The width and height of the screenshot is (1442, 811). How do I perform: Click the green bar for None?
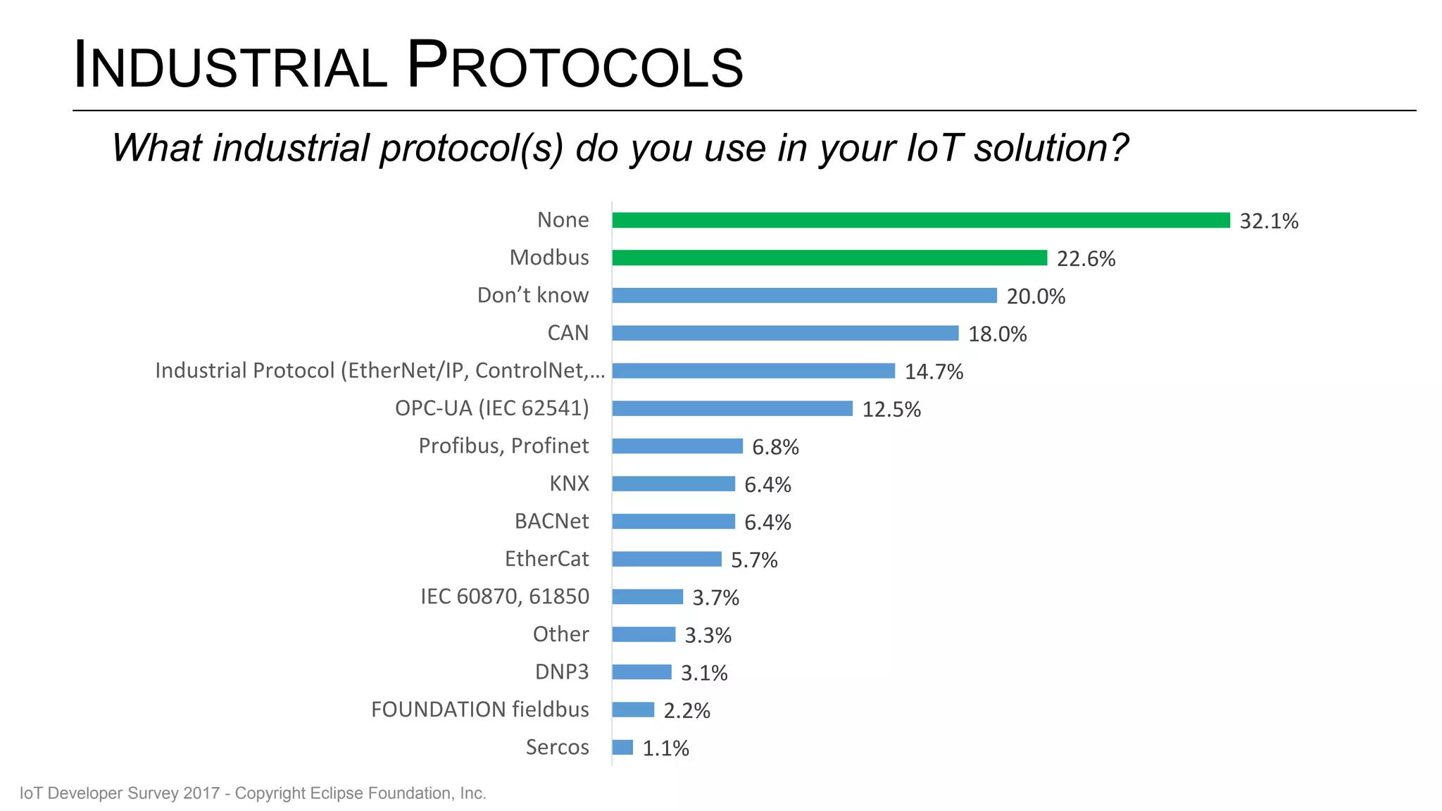[920, 220]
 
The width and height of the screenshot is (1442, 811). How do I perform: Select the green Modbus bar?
[829, 258]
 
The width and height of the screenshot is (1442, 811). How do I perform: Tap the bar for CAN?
[785, 333]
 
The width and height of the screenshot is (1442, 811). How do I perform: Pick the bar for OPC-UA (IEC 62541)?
[732, 408]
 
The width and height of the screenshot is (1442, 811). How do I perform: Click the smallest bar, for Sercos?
[622, 747]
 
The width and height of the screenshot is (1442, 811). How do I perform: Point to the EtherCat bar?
[667, 559]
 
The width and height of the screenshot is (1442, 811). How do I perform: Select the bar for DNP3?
[641, 672]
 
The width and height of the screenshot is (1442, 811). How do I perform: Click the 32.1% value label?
[1269, 221]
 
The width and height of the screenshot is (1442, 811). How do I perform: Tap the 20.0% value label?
[1036, 296]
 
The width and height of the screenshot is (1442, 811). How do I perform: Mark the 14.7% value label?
[934, 372]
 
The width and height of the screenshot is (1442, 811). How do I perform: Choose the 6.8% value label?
[775, 447]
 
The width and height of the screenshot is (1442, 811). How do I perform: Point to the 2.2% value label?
[686, 710]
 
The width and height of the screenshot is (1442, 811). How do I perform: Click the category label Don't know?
[532, 295]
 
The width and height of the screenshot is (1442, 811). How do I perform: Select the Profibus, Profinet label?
[503, 446]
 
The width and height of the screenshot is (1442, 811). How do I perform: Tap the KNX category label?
[569, 484]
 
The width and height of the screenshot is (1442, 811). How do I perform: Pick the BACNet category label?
[551, 521]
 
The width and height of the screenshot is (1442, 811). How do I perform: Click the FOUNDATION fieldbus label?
[479, 709]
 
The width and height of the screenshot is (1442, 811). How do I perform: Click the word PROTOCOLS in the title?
[575, 66]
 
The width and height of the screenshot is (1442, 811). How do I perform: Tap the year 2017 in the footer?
[201, 793]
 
